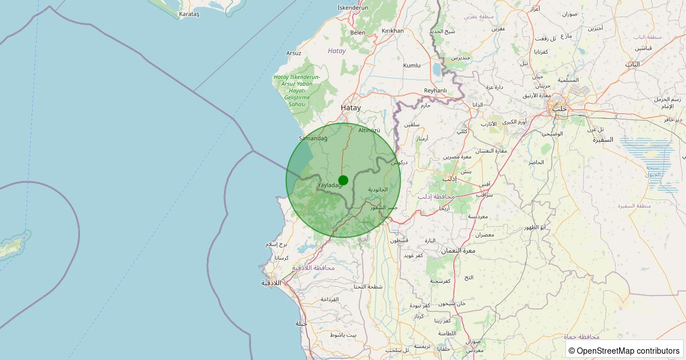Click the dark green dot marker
pos(343,180)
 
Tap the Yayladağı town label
pos(330,185)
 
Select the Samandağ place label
pos(313,138)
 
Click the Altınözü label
pos(369,130)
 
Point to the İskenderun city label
pos(353,7)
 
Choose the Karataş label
pos(189,14)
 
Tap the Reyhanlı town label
pos(435,90)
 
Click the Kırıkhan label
pos(393,31)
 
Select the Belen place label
pos(358,33)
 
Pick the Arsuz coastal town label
pos(294,53)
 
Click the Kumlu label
pos(412,66)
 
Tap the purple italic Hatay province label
pos(337,51)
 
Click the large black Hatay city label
pos(351,107)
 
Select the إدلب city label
pos(450,178)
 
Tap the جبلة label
pos(302,323)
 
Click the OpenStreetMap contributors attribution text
pos(624,350)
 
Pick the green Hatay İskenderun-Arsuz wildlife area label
pos(297,91)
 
